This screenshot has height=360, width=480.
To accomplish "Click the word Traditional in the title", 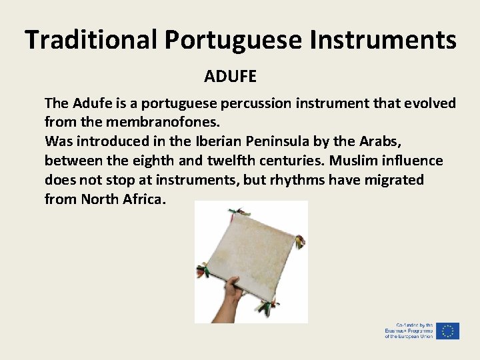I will click(x=91, y=40).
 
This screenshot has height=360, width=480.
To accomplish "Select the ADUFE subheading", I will click(x=231, y=77).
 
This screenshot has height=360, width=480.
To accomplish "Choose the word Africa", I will click(x=143, y=199).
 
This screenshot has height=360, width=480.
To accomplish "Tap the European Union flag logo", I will click(x=448, y=331).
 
